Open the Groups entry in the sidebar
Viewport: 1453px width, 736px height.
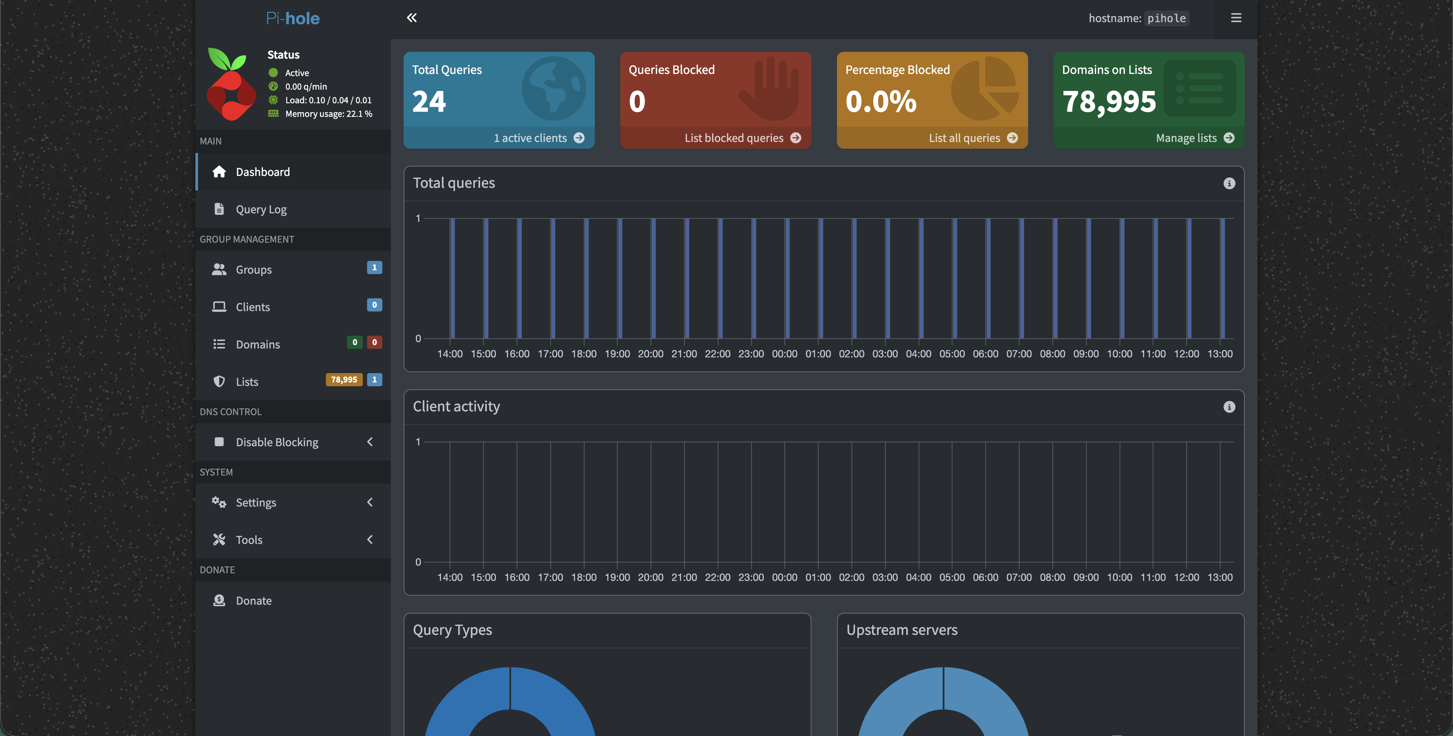(253, 269)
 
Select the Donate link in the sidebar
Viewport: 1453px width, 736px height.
(253, 600)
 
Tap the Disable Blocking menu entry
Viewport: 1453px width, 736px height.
(277, 442)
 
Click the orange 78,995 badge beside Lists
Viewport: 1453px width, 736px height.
(344, 379)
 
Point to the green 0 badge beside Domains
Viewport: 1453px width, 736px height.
(354, 343)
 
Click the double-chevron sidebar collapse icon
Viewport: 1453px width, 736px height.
(412, 18)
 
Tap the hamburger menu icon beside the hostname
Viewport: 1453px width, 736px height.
(1236, 18)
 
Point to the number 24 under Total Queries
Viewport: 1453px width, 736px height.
(429, 102)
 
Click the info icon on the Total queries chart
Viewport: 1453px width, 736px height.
(1229, 183)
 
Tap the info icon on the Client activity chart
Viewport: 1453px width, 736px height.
(1229, 407)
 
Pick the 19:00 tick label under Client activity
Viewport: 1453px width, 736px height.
(617, 577)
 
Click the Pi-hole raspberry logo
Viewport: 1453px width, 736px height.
(231, 84)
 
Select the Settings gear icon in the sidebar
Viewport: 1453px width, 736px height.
(219, 502)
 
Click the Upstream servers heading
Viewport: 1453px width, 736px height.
(902, 630)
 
